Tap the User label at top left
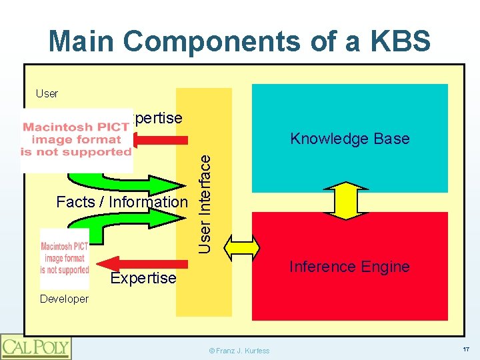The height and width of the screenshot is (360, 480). (x=47, y=93)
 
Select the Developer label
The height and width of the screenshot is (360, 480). (x=63, y=299)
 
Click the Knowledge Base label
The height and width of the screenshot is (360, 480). (x=349, y=139)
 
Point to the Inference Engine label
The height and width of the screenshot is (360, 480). (x=349, y=267)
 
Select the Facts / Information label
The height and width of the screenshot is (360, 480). (x=122, y=201)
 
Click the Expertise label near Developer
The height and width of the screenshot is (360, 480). (x=143, y=278)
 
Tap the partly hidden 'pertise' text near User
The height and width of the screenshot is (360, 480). (x=157, y=118)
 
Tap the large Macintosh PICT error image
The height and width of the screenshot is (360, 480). (x=77, y=139)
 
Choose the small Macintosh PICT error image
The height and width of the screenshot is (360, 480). (x=64, y=259)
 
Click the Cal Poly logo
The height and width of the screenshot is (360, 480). (x=36, y=346)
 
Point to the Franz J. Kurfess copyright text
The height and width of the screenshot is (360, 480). (x=239, y=350)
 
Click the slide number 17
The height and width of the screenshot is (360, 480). (x=465, y=349)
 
